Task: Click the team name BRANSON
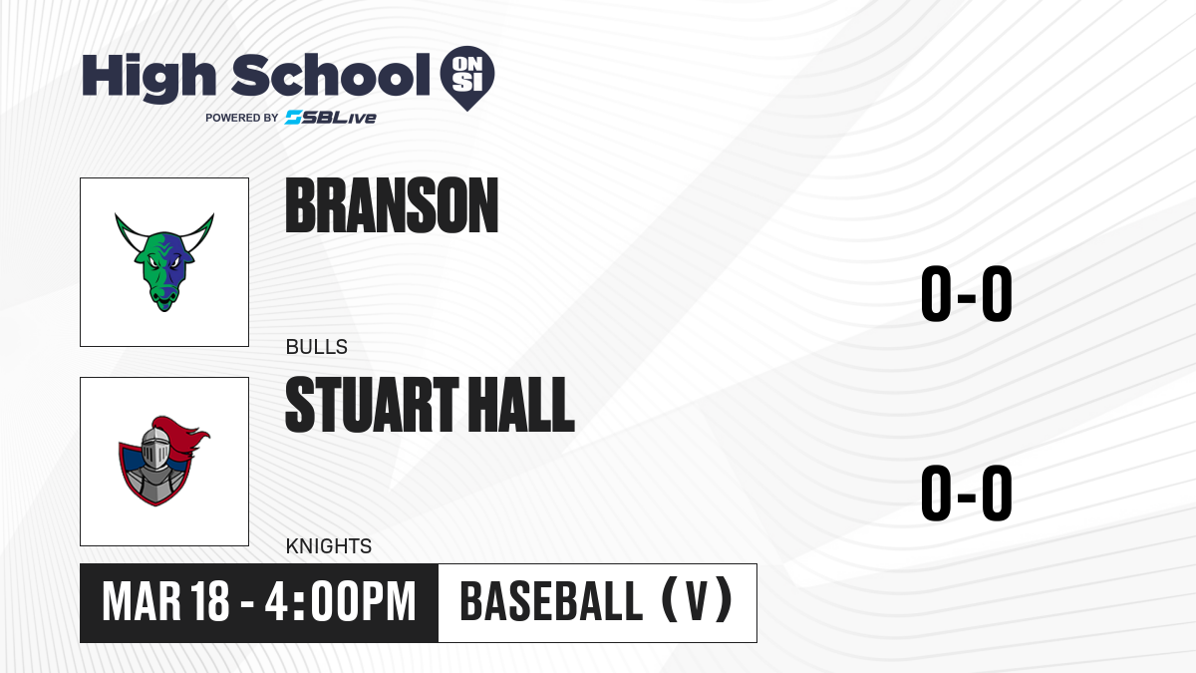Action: (392, 205)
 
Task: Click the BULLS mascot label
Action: (317, 347)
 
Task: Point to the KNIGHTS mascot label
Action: (329, 546)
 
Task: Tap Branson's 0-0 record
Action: (967, 294)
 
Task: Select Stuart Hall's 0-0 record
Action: (967, 493)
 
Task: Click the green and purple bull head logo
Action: (164, 261)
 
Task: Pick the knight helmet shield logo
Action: (163, 461)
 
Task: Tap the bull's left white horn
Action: (128, 232)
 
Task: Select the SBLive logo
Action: (331, 117)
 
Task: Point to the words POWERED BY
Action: (242, 118)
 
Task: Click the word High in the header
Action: (149, 78)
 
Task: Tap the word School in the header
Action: (331, 75)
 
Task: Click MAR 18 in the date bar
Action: (166, 602)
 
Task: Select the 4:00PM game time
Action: (340, 602)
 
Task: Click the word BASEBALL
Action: (551, 602)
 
